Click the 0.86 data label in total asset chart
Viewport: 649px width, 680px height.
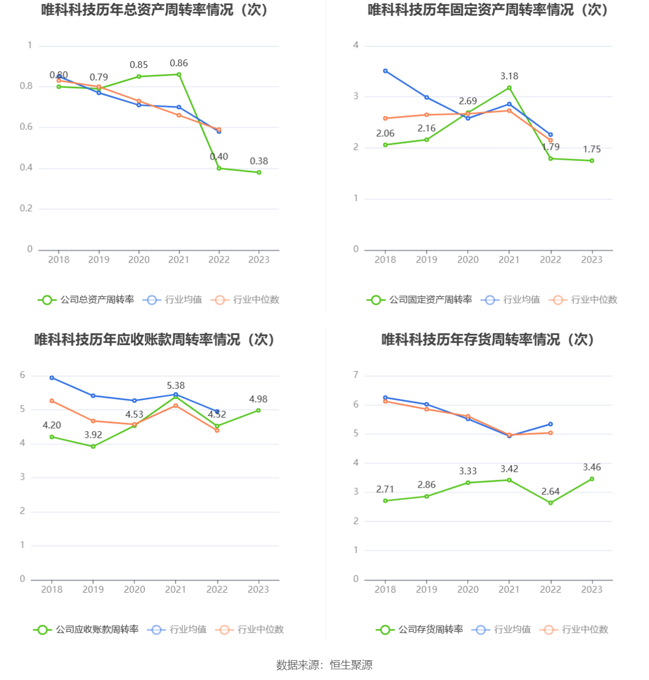pos(179,63)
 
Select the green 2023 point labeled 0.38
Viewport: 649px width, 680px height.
pos(259,173)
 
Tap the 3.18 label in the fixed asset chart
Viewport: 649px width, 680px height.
pos(509,76)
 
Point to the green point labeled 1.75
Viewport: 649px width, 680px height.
pos(592,161)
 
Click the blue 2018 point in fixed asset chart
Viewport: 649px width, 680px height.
pos(386,71)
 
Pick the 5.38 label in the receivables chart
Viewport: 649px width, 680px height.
pos(176,386)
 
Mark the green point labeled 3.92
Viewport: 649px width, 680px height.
pos(93,446)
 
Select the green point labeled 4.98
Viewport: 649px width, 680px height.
pos(258,410)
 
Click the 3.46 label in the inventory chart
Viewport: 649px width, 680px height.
pos(592,467)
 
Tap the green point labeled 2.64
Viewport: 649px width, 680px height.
pos(551,503)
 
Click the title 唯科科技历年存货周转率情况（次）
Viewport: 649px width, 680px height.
pos(488,339)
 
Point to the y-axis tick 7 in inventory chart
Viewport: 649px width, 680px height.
pos(356,375)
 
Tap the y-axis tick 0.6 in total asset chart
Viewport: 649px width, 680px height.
pos(26,127)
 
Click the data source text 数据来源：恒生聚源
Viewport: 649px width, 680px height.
pos(324,665)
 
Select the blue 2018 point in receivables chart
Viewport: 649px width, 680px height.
pos(52,377)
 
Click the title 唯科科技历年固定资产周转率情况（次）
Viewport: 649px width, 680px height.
pos(488,10)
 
